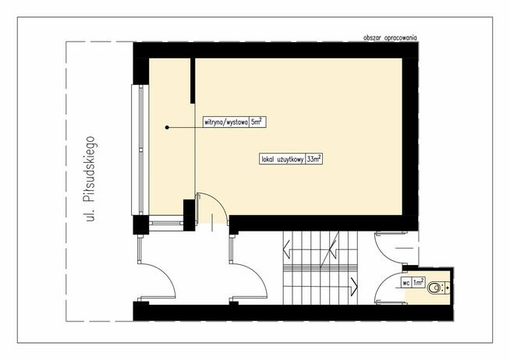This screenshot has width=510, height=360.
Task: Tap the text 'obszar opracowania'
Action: pos(390,38)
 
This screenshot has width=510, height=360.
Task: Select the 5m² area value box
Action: pos(258,122)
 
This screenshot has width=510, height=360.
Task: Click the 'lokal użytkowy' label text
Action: pos(283,161)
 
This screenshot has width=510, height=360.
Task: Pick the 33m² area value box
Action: pos(315,161)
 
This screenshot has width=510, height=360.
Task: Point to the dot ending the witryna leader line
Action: pos(167,126)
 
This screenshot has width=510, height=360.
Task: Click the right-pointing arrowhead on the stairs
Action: pos(355,285)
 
